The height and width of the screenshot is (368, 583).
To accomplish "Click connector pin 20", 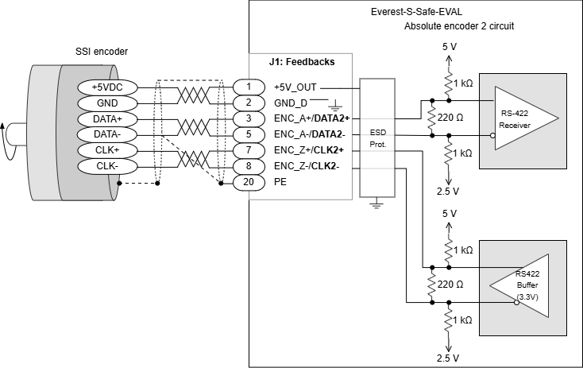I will coord(249,182).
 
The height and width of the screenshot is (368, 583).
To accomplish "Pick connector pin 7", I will coord(249,150).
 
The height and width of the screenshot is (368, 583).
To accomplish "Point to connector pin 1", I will coord(249,87).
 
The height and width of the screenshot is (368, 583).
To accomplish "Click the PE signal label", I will coord(280,182).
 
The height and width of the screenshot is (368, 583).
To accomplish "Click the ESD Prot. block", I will coord(376,138).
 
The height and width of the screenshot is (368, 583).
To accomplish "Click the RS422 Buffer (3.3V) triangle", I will coord(520,285).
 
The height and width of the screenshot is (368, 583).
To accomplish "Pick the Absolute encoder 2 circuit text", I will coord(459,26).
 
